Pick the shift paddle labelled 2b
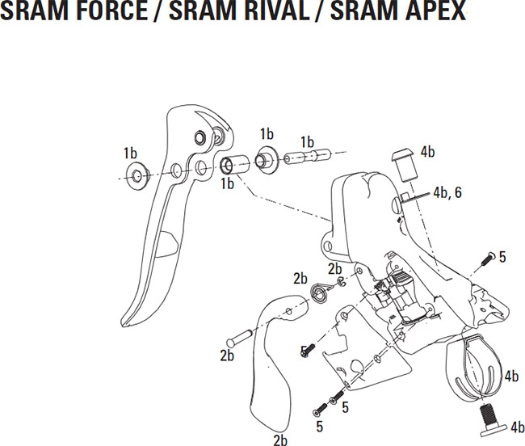(x=278, y=362)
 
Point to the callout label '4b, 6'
(x=447, y=192)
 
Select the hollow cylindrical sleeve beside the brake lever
(x=235, y=164)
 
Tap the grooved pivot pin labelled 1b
(x=308, y=156)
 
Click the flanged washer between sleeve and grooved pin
(x=267, y=160)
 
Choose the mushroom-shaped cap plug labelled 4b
(x=405, y=165)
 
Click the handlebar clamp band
(x=476, y=368)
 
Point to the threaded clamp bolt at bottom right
(x=491, y=421)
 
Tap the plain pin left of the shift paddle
(x=240, y=339)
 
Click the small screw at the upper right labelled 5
(x=489, y=259)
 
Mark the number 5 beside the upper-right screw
(x=502, y=257)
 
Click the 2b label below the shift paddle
(x=280, y=440)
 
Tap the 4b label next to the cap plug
(x=427, y=152)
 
